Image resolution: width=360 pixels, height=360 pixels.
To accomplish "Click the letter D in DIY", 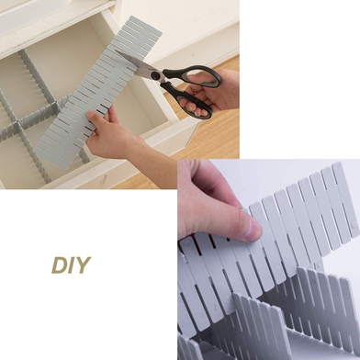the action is pyautogui.click(x=60, y=265).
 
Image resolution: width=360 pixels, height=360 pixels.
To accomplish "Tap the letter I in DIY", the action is pyautogui.click(x=72, y=265).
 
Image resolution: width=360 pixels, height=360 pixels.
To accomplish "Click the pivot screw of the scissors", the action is pyautogui.click(x=156, y=75).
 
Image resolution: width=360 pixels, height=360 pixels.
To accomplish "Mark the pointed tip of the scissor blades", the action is pyautogui.click(x=116, y=51).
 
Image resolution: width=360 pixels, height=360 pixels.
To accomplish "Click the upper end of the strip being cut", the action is pyautogui.click(x=145, y=24).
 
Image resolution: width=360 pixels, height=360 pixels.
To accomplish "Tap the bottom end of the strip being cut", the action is pyautogui.click(x=51, y=159).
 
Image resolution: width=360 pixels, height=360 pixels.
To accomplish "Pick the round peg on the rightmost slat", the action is pyautogui.click(x=354, y=225).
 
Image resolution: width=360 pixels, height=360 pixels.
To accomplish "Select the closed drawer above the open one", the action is pyautogui.click(x=46, y=18).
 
